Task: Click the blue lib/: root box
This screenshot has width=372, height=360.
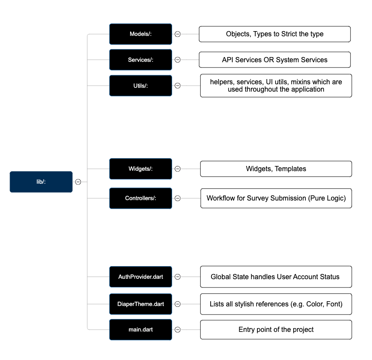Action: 41,182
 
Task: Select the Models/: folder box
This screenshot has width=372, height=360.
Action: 141,34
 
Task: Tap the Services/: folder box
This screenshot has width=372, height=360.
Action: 141,60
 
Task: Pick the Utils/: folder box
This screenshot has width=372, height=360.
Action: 141,86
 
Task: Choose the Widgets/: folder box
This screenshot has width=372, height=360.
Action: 141,169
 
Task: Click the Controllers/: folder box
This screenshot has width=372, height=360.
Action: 141,198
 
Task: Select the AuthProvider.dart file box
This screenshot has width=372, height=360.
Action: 141,277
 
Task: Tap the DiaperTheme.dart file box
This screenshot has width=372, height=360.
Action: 141,304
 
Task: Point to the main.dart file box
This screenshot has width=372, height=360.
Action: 141,330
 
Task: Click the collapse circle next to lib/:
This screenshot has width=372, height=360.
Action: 78,182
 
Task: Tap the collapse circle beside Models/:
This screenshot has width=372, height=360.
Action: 177,34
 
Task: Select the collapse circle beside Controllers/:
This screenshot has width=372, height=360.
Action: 177,198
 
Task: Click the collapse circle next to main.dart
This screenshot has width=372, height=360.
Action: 177,330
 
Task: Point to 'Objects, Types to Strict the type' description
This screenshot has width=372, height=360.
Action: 275,34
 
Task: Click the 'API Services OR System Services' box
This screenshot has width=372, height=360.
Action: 275,60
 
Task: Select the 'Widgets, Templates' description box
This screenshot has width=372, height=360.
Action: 276,169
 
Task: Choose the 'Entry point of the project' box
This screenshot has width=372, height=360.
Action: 276,330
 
